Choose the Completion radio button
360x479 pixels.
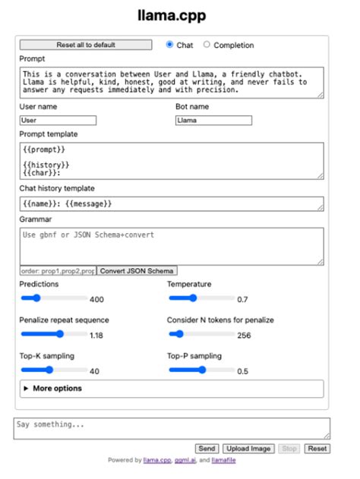(207, 45)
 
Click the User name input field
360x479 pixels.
(58, 120)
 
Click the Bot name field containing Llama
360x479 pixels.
(213, 120)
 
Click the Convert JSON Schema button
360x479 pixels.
(137, 271)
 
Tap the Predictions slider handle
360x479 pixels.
(36, 298)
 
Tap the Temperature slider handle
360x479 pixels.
(193, 298)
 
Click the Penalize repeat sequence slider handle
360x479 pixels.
(60, 334)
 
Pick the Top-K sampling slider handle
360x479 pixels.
(50, 370)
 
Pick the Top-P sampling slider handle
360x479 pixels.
(202, 370)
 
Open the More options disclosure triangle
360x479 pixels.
(27, 389)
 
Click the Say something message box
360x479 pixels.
(172, 428)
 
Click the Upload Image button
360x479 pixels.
(248, 449)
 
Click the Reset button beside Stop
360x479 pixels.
(317, 449)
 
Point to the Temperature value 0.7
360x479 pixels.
(242, 299)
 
